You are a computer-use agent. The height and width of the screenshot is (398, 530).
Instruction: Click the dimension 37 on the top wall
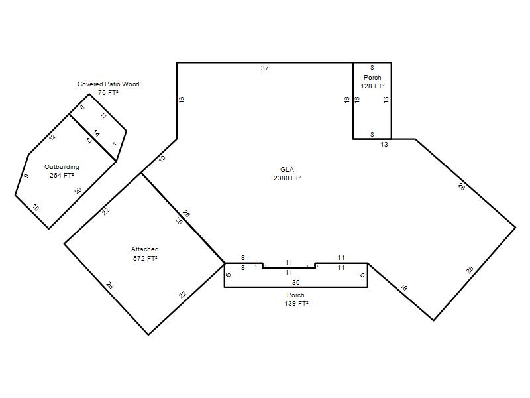click(x=264, y=68)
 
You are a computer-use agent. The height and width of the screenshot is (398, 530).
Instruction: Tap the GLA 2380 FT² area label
click(x=287, y=174)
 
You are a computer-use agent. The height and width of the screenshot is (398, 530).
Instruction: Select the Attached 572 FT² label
click(x=145, y=254)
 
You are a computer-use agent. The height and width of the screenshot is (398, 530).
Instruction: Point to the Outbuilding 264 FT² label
click(x=62, y=171)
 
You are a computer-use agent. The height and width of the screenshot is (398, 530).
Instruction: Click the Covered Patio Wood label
click(x=109, y=84)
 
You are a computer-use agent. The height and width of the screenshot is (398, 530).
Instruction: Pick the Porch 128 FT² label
click(x=372, y=82)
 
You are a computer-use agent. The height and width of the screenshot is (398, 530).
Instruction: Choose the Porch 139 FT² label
click(x=296, y=299)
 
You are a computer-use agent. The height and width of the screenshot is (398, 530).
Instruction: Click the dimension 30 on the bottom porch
click(x=295, y=283)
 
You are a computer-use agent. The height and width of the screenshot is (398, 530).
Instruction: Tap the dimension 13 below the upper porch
click(x=384, y=145)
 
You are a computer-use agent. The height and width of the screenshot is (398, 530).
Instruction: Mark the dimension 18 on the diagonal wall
click(x=404, y=288)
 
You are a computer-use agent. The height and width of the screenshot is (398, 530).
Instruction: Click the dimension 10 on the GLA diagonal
click(x=162, y=158)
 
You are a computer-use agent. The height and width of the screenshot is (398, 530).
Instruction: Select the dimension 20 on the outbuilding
click(x=78, y=191)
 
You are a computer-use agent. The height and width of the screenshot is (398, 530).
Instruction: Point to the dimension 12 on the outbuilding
click(x=52, y=137)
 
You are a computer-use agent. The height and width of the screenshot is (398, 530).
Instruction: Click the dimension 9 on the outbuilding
click(x=26, y=176)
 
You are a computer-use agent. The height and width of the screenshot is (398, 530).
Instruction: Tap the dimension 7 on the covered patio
click(x=115, y=145)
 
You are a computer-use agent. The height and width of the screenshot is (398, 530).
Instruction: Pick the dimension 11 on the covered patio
click(x=104, y=115)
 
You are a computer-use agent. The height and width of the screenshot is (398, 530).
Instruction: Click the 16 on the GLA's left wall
click(x=181, y=100)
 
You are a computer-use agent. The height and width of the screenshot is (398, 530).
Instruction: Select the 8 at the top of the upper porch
click(x=372, y=68)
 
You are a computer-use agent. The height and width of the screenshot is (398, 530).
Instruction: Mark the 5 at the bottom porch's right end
click(x=362, y=275)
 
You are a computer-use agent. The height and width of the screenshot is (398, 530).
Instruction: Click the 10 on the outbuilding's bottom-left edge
click(x=36, y=208)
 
